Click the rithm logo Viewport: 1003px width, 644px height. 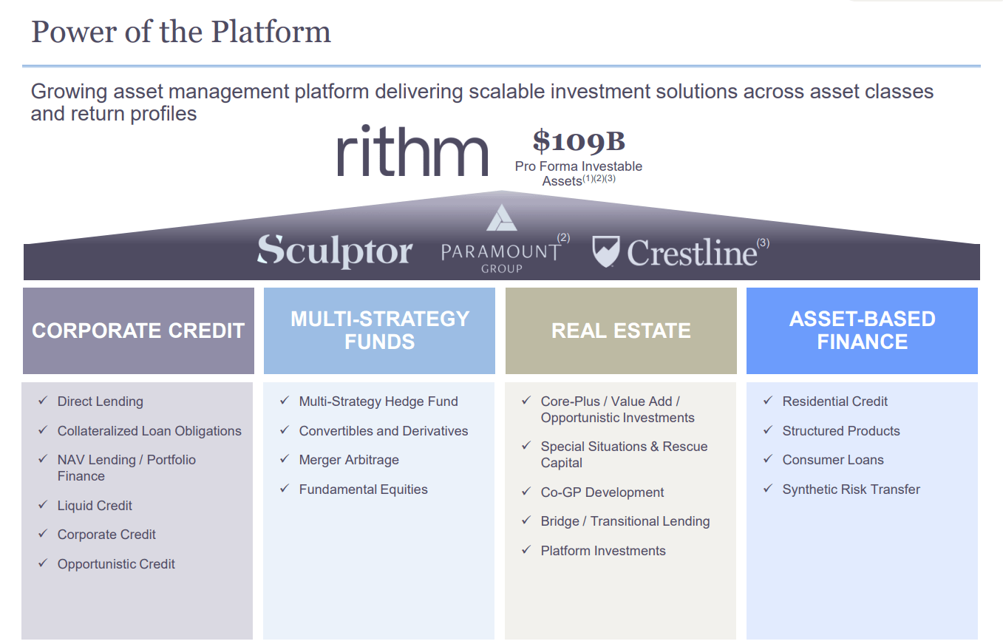coord(412,151)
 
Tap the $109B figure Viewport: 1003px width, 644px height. coord(579,141)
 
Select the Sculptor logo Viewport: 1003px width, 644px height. coord(334,251)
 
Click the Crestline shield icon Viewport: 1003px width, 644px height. coord(605,251)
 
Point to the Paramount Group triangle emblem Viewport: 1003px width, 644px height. coord(502,218)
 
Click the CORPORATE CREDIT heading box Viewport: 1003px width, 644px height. coord(138,331)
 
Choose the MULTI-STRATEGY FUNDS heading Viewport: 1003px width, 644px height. coord(379,331)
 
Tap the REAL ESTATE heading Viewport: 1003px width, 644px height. coord(621,331)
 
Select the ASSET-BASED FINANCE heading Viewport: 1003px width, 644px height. coord(862,331)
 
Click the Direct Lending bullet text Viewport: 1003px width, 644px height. coord(101,401)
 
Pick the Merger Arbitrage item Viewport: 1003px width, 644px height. coord(349,460)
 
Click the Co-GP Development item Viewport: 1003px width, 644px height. coord(602,492)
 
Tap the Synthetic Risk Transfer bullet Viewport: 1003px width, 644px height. coord(851,489)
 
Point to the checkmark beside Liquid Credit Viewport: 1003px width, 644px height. coord(43,505)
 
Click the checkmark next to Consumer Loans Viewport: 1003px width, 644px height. coord(767,459)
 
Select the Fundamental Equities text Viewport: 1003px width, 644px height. coord(363,489)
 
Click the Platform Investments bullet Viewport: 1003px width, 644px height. coord(603,551)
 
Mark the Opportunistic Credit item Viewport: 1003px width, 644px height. coord(116,564)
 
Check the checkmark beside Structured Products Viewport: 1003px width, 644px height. coord(767,430)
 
